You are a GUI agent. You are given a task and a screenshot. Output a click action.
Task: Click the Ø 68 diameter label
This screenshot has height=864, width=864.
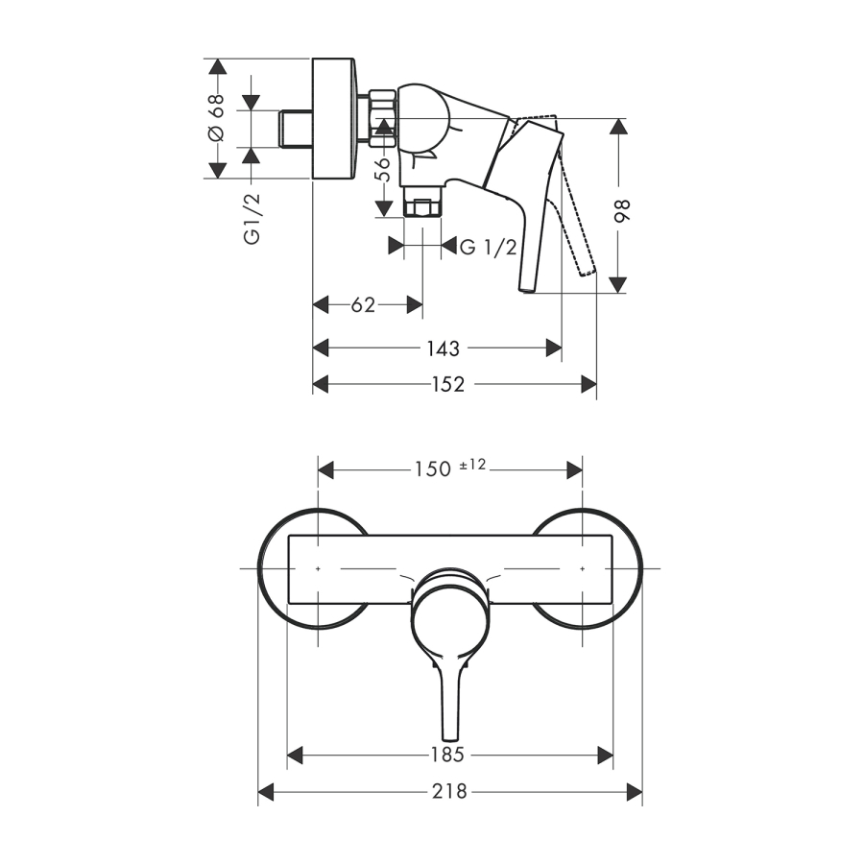click(x=217, y=117)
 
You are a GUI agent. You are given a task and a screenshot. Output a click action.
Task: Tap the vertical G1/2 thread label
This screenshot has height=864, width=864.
click(x=252, y=219)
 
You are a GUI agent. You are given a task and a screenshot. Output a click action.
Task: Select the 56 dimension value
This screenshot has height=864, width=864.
click(x=382, y=169)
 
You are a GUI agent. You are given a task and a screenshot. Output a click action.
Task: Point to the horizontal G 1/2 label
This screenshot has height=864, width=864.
click(x=489, y=247)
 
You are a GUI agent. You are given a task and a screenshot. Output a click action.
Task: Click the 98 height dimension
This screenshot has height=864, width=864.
click(x=622, y=211)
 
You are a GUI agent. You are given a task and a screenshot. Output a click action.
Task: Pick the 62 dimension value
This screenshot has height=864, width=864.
click(x=363, y=304)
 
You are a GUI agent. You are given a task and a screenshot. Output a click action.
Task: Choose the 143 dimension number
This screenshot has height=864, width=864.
click(x=443, y=348)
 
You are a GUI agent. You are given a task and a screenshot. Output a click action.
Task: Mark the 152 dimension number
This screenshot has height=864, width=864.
click(x=448, y=384)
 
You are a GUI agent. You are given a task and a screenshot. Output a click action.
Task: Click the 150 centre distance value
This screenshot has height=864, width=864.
click(x=433, y=469)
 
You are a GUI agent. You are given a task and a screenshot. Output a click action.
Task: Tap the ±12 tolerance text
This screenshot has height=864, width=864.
click(x=472, y=465)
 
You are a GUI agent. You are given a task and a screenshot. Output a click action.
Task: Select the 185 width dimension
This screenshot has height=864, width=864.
click(x=447, y=755)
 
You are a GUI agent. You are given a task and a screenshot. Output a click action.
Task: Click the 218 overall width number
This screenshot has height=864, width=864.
click(x=449, y=792)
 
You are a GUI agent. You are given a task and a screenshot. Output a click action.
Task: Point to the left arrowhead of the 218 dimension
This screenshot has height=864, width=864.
click(x=266, y=792)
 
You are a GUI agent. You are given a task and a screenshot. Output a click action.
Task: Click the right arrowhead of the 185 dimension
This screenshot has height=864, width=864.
click(x=606, y=756)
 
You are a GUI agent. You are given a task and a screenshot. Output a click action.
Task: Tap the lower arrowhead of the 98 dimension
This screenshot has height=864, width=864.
click(x=618, y=285)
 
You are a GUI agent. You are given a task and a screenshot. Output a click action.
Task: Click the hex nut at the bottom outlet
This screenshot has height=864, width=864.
click(x=422, y=207)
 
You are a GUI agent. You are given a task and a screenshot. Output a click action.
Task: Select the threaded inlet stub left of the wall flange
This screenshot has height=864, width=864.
click(x=296, y=129)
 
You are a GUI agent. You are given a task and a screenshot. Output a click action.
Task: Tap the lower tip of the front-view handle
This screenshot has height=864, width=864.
click(x=450, y=739)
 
